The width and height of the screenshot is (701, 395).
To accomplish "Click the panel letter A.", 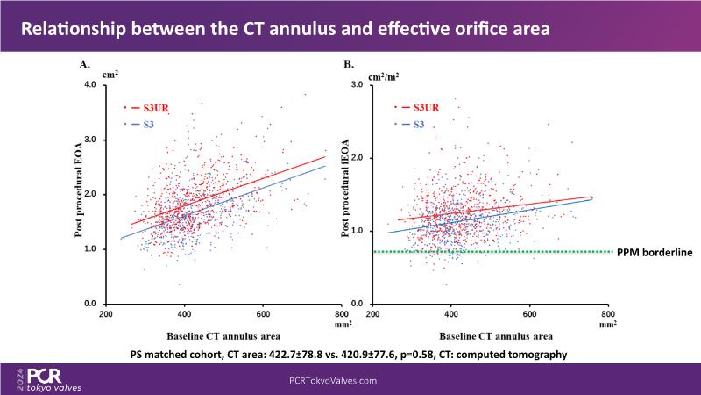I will click(x=85, y=64).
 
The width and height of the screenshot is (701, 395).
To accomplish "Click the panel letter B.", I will click(x=349, y=64).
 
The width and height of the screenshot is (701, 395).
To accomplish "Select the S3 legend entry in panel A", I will click(x=150, y=125).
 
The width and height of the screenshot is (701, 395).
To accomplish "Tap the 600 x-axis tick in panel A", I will click(x=262, y=314).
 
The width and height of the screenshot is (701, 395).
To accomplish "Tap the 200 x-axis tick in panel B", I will click(x=372, y=314).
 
